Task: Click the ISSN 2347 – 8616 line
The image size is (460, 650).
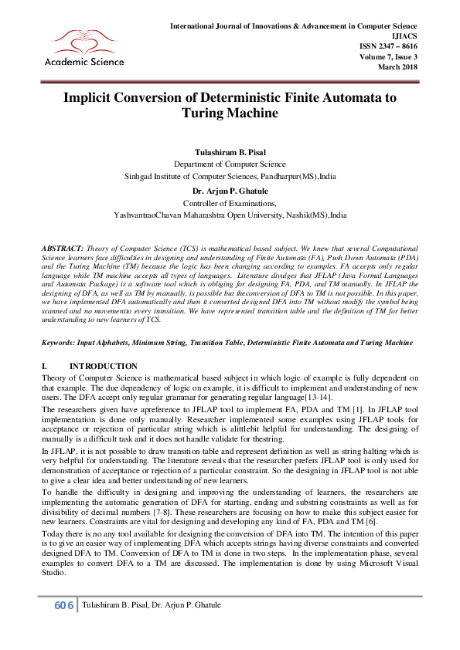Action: point(390,47)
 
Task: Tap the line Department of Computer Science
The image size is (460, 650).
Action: point(230,164)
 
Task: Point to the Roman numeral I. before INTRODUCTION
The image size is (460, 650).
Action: point(45,366)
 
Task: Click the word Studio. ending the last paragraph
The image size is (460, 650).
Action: point(55,574)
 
